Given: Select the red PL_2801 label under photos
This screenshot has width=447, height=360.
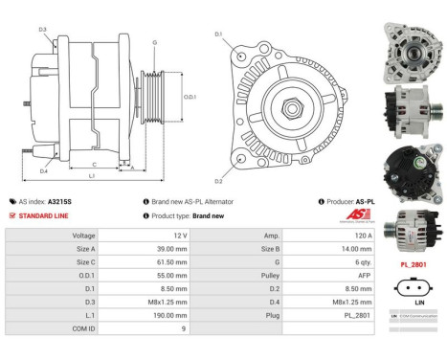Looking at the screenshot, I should coord(412,262).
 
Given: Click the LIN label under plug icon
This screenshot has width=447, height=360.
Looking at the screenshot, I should coord(412,299).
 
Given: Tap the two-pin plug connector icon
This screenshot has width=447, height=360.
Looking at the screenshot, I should coord(412,284).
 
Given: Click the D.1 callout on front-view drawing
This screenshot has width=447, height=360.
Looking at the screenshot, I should coord(218,35).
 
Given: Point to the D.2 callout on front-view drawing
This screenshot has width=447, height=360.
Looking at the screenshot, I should coord(218,180).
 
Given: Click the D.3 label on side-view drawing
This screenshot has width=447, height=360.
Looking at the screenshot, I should coord(43,30).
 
